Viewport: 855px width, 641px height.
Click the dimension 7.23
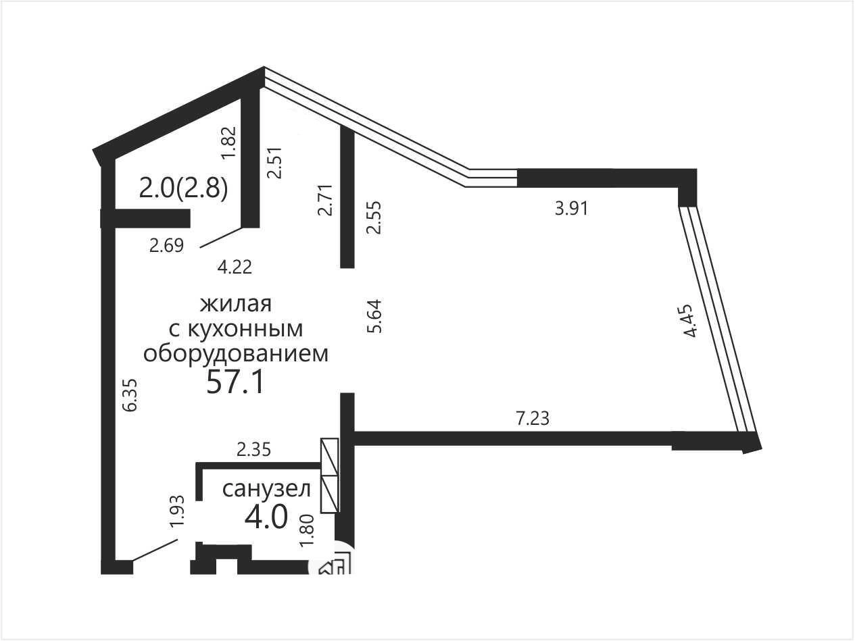coord(533,419)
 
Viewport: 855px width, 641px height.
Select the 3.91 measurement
coord(571,209)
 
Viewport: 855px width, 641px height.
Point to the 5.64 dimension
coord(374,316)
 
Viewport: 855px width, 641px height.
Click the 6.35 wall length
coord(130,394)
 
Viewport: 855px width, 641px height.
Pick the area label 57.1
coord(235,382)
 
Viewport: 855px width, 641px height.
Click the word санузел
coord(267,489)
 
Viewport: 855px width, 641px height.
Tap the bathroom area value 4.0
coord(266,517)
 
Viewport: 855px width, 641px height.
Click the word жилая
coord(236,304)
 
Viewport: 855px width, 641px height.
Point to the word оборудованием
coord(236,354)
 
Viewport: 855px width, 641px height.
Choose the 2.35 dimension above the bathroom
coord(253,450)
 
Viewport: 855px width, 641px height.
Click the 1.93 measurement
coord(177,511)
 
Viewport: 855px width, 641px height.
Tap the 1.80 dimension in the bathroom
coord(308,530)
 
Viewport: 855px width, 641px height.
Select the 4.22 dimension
coord(235,267)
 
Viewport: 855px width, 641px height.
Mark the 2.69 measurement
coord(166,246)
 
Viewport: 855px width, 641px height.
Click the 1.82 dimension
coord(228,143)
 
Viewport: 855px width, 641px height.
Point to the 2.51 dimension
coord(274,162)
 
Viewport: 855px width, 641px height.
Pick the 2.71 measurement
coord(325,200)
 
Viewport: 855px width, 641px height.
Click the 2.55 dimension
coord(374,217)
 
